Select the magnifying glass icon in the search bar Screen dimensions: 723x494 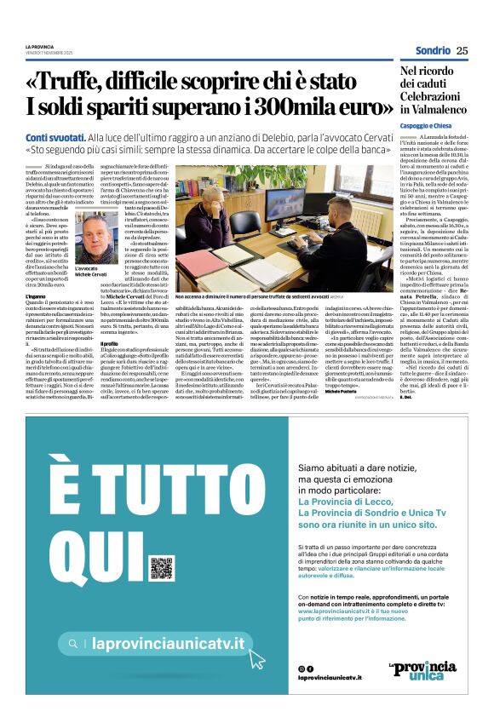[75, 645]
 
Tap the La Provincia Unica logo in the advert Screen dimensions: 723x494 [434, 670]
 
